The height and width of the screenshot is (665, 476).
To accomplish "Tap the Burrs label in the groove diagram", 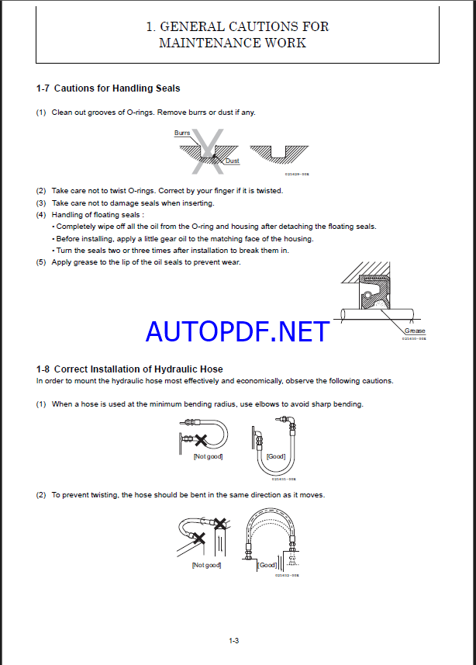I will click(x=182, y=133).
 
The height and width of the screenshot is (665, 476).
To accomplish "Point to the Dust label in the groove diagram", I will click(x=232, y=161).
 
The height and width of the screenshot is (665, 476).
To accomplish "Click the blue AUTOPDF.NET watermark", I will click(x=237, y=332).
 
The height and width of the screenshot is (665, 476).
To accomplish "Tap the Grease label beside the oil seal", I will click(x=415, y=331).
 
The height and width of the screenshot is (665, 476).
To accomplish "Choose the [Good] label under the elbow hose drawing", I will click(x=275, y=457).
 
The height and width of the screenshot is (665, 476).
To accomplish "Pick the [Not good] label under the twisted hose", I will click(x=206, y=565).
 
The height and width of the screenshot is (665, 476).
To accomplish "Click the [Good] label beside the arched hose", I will click(x=267, y=565).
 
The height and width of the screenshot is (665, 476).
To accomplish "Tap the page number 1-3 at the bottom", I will click(x=233, y=640).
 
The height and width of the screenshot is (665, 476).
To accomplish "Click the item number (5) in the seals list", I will click(x=41, y=262).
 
